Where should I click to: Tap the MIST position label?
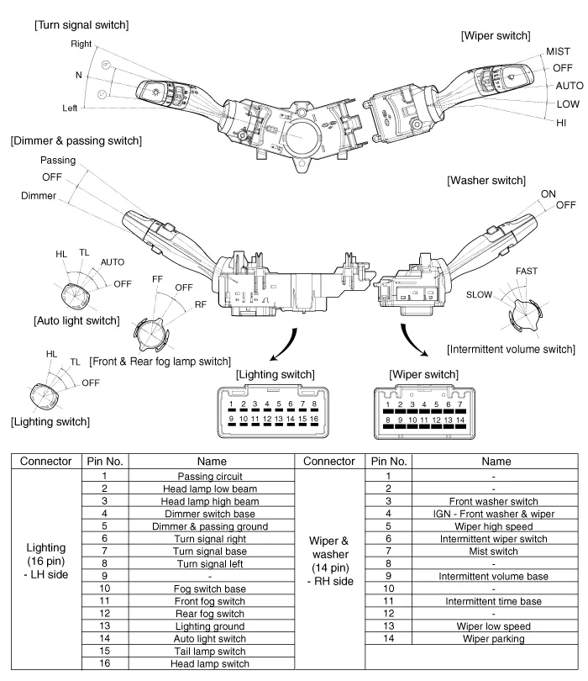point(558,52)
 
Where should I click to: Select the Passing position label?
point(58,160)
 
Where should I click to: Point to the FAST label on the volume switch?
point(528,272)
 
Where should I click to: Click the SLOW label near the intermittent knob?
point(479,295)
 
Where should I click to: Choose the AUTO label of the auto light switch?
point(112,262)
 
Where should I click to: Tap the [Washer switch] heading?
point(486,181)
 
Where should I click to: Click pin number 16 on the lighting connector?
point(314,418)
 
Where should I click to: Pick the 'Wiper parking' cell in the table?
point(492,639)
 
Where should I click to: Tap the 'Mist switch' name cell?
point(492,551)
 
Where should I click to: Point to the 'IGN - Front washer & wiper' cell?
point(492,514)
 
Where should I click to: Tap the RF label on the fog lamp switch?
point(201,304)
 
